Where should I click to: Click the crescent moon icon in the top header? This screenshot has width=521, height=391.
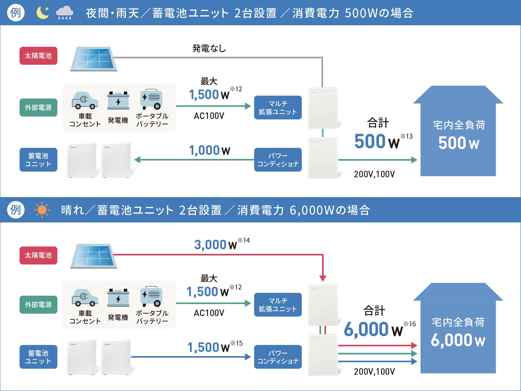pos(43,13)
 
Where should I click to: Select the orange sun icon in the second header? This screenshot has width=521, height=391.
pos(42,210)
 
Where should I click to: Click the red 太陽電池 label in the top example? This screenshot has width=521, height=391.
pos(38,56)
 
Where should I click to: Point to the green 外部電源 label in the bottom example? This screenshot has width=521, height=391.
pos(38,305)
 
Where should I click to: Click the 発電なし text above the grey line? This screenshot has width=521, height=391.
pos(209,49)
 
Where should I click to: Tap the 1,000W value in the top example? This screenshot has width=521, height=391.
pos(209,150)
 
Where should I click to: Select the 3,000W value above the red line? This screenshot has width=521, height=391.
pos(215,245)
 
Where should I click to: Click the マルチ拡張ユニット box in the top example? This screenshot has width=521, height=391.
pos(278,108)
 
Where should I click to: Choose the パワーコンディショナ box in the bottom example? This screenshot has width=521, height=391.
pos(278,357)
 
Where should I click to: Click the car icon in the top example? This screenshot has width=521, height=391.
pos(85,100)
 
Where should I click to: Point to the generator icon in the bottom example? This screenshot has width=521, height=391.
pos(118,298)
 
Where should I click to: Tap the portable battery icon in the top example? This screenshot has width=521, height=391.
pos(151,99)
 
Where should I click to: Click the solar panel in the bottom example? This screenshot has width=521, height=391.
pos(94,256)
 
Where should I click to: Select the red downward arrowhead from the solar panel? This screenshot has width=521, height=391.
pos(323,278)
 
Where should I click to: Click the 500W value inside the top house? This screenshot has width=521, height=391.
pos(458,143)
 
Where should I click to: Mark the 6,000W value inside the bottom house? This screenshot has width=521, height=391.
pos(458,340)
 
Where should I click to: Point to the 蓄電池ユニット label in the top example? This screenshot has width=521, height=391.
pos(38,160)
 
